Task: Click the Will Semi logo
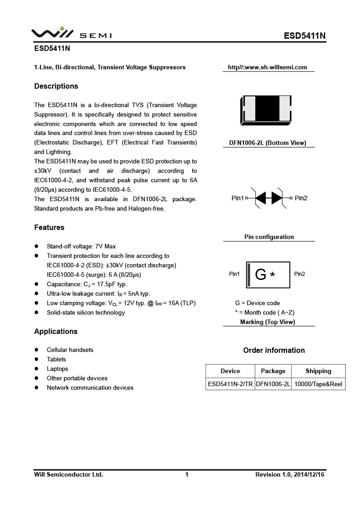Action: [71, 34]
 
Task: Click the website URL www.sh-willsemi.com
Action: [267, 68]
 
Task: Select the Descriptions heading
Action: [56, 86]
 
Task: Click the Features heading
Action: [49, 228]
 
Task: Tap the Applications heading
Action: [56, 332]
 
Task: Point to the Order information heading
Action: [274, 351]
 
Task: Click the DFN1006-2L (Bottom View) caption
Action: [267, 143]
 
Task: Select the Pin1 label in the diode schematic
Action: [237, 198]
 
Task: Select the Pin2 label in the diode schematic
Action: [301, 198]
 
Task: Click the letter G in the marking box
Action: [261, 275]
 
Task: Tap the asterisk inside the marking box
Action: [272, 275]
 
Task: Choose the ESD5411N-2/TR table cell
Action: [230, 384]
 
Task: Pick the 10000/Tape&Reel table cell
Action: [318, 384]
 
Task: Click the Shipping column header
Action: [318, 371]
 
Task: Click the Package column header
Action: [273, 371]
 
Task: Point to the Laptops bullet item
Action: [58, 369]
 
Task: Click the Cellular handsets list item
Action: [70, 350]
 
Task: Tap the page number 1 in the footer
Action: [187, 475]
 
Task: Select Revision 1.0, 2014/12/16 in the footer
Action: [290, 475]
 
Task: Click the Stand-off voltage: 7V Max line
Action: [81, 247]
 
